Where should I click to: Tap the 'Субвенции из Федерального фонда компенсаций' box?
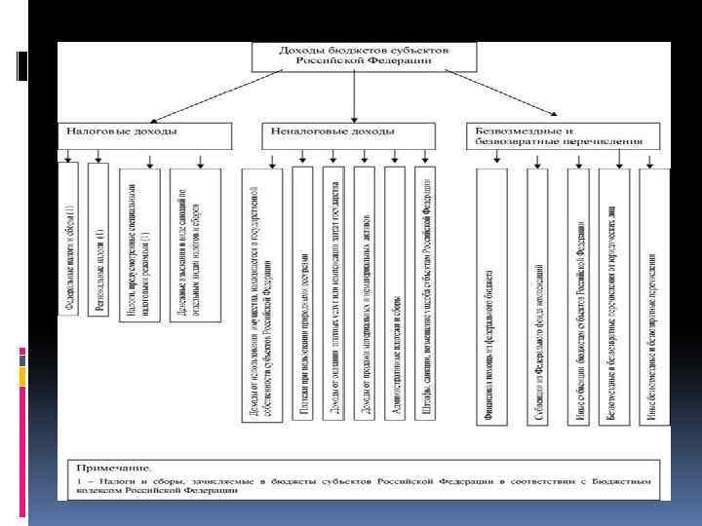click(538, 296)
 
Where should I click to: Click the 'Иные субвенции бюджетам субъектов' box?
click(579, 296)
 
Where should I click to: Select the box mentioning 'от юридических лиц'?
click(613, 296)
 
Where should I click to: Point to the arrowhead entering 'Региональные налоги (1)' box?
click(98, 157)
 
